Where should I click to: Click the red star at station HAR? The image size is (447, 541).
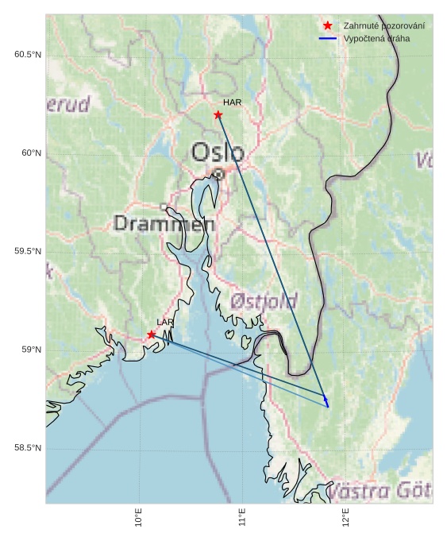tap(218, 115)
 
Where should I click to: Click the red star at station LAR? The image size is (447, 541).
tap(152, 334)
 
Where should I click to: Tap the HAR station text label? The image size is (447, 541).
tap(232, 102)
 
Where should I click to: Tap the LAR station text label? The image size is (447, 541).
tap(165, 322)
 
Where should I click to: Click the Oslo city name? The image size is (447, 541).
tap(218, 152)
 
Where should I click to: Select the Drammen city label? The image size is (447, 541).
tap(164, 224)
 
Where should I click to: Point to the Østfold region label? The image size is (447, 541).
tap(264, 301)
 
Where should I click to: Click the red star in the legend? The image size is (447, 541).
tap(327, 26)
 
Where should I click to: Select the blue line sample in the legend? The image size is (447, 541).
tap(327, 38)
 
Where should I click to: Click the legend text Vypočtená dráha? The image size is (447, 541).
tap(377, 38)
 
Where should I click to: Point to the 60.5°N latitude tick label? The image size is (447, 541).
tap(28, 54)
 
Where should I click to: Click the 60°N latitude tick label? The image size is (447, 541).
tap(31, 153)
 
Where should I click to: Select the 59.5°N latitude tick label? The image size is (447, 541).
tap(28, 252)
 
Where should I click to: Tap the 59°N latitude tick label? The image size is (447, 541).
tap(31, 350)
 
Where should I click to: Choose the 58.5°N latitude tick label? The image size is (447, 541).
tap(28, 449)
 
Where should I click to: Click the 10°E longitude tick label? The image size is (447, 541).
tap(139, 517)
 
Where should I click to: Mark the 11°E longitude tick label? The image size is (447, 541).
tap(242, 517)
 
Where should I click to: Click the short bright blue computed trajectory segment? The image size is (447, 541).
tap(326, 402)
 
